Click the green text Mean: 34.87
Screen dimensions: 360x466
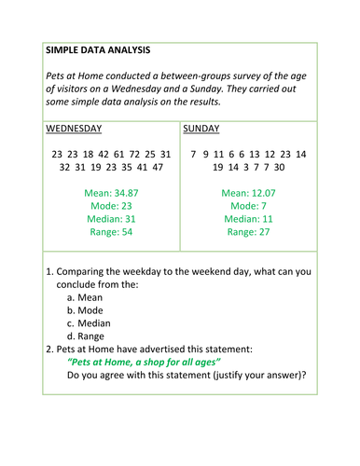111,193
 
